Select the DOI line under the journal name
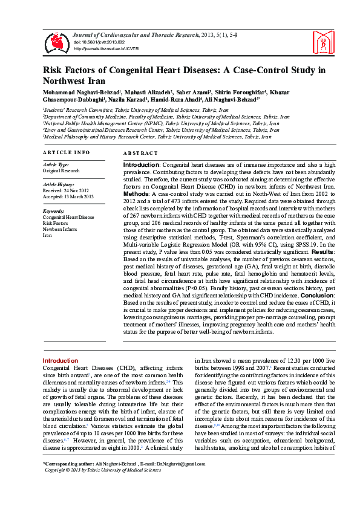99,42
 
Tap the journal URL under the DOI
106,48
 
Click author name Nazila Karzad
126,99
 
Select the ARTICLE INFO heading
67,152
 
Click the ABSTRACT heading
140,153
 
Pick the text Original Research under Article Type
61,170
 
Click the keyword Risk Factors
56,223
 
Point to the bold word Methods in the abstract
136,193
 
